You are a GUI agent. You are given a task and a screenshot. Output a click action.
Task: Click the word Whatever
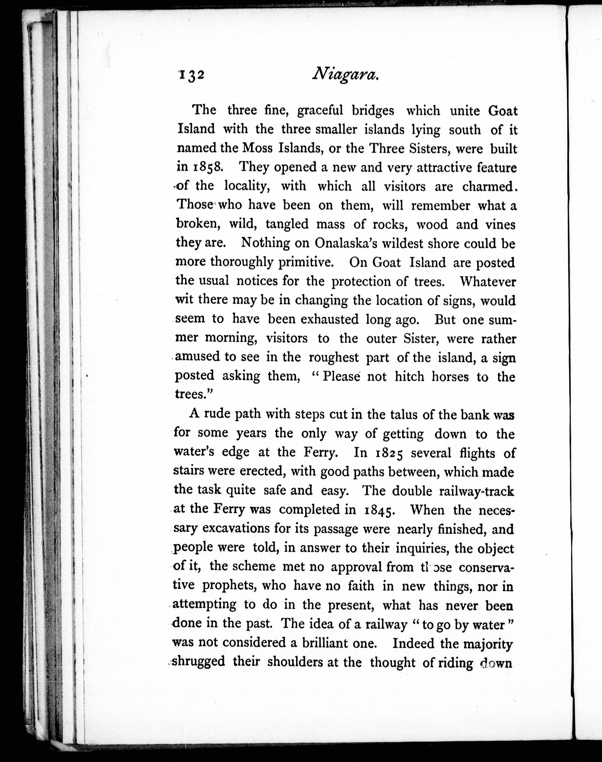coord(488,281)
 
